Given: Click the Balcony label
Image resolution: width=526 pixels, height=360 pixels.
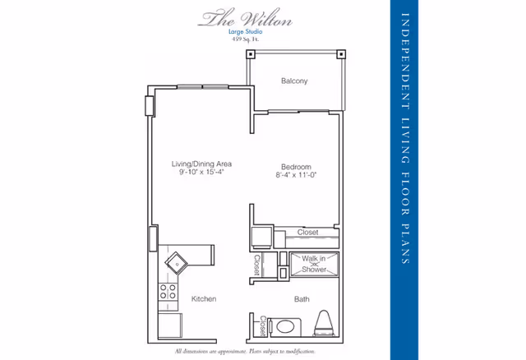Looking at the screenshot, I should point(293,81).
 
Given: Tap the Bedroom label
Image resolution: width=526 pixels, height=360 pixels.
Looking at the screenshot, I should point(294,164).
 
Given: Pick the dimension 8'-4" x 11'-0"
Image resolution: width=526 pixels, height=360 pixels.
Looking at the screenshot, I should point(294,173).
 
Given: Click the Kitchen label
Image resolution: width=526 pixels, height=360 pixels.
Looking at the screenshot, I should point(203,298).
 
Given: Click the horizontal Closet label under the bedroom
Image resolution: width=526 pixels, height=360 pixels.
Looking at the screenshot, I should point(307,233).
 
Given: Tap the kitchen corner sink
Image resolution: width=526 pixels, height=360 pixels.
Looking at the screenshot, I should point(177,263).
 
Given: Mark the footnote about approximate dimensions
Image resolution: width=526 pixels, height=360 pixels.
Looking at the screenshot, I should point(245,351).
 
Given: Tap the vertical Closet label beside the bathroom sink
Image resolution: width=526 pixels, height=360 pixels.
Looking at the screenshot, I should point(264,327).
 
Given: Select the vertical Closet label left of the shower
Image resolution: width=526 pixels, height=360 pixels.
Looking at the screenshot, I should point(257,265).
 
